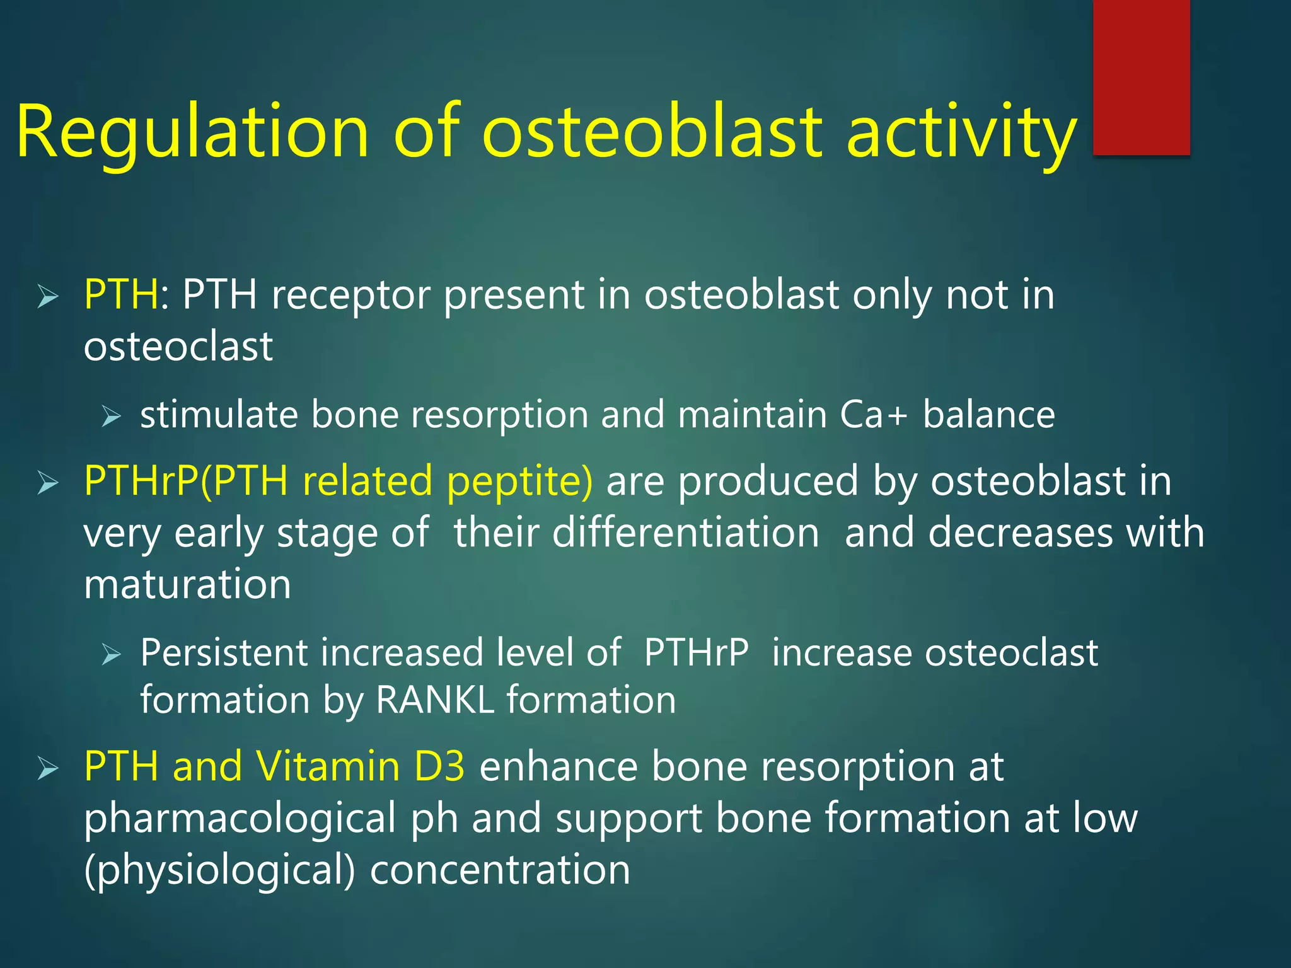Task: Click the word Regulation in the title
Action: pos(192,132)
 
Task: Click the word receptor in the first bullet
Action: pos(350,296)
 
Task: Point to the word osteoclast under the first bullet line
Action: pos(178,346)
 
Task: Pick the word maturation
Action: pos(187,584)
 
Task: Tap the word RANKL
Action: pos(434,700)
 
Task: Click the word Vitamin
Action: pos(328,766)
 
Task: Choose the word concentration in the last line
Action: pos(500,870)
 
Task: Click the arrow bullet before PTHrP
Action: pos(48,483)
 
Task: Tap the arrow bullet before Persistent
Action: pos(111,654)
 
